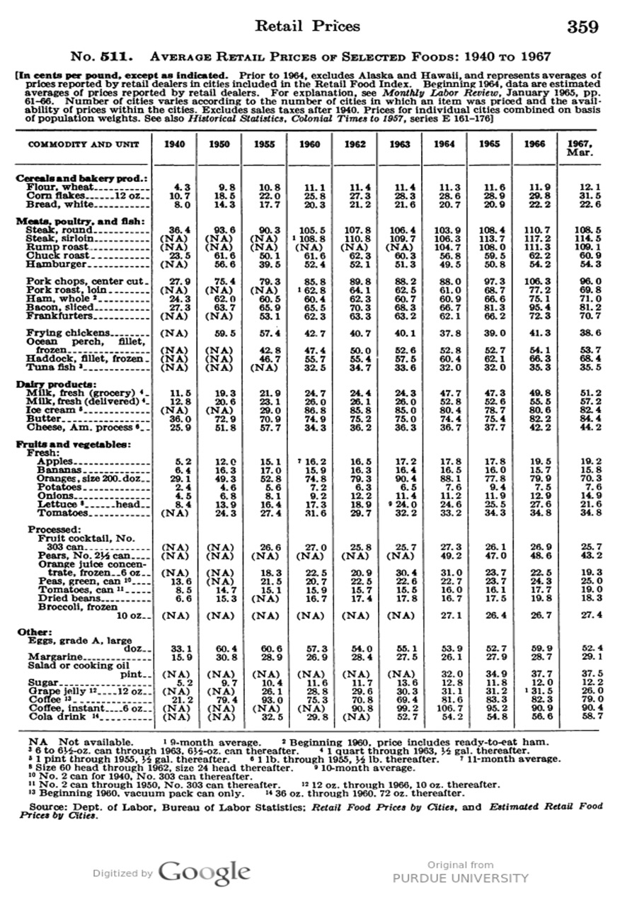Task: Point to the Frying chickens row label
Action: [68, 332]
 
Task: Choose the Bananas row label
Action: [60, 469]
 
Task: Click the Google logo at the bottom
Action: [204, 871]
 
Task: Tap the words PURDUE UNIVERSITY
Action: [461, 878]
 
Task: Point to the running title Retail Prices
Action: [307, 27]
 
